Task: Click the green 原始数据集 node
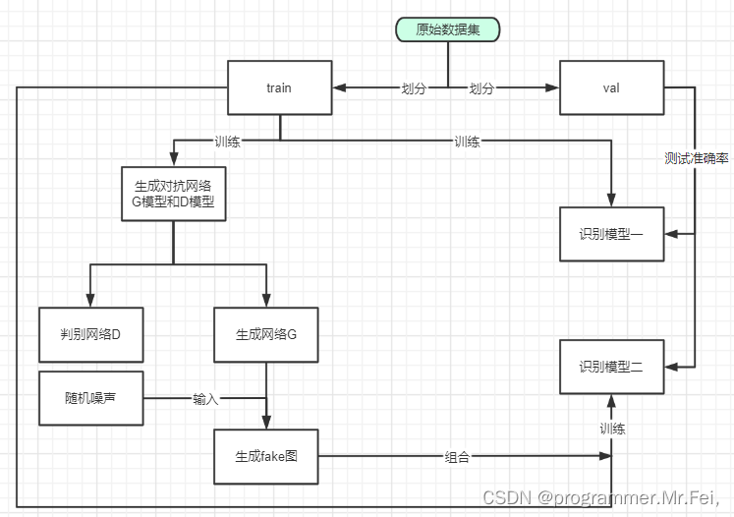(448, 29)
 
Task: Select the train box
(279, 87)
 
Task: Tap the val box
(610, 87)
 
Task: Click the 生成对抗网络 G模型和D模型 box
(174, 192)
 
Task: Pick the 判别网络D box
(90, 334)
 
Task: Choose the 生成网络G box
(266, 334)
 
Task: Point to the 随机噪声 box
(90, 398)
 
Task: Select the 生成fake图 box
(266, 457)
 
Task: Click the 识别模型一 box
(610, 234)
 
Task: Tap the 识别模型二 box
(610, 367)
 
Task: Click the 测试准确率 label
(696, 158)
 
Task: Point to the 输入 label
(205, 399)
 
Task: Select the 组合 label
(458, 457)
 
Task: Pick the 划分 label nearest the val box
(481, 88)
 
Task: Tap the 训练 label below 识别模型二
(613, 429)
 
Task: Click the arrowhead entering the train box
(336, 88)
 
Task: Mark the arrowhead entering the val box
(552, 88)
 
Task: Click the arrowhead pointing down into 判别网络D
(90, 301)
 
